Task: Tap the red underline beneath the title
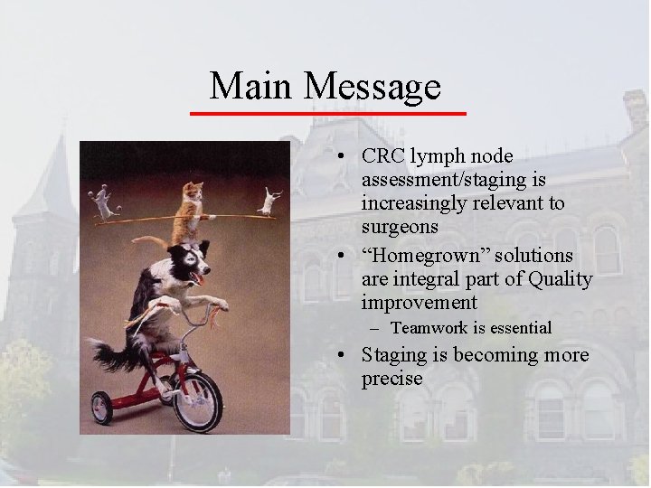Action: click(x=327, y=113)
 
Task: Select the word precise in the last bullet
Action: click(x=392, y=378)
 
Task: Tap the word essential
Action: click(x=519, y=327)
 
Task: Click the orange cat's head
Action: click(x=192, y=192)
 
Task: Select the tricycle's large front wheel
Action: click(x=198, y=399)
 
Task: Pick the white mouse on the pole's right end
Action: click(x=269, y=200)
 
